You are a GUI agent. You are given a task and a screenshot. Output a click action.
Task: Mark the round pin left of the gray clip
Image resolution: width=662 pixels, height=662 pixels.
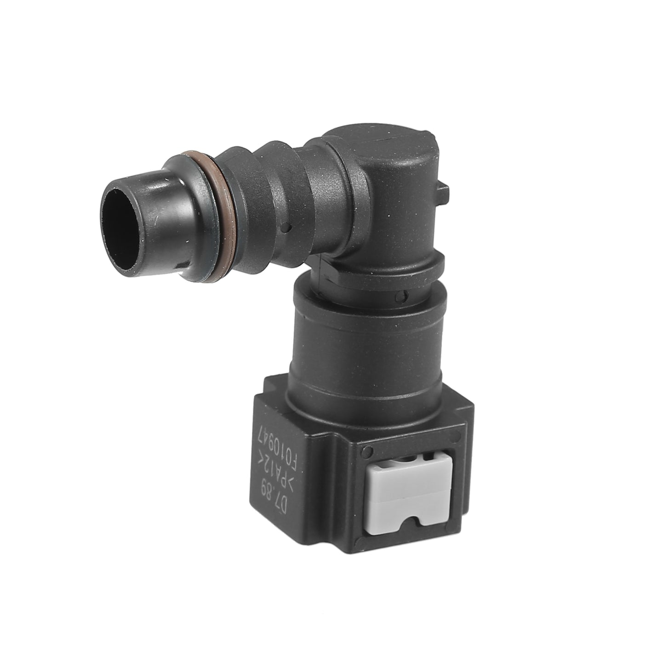tap(369, 450)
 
